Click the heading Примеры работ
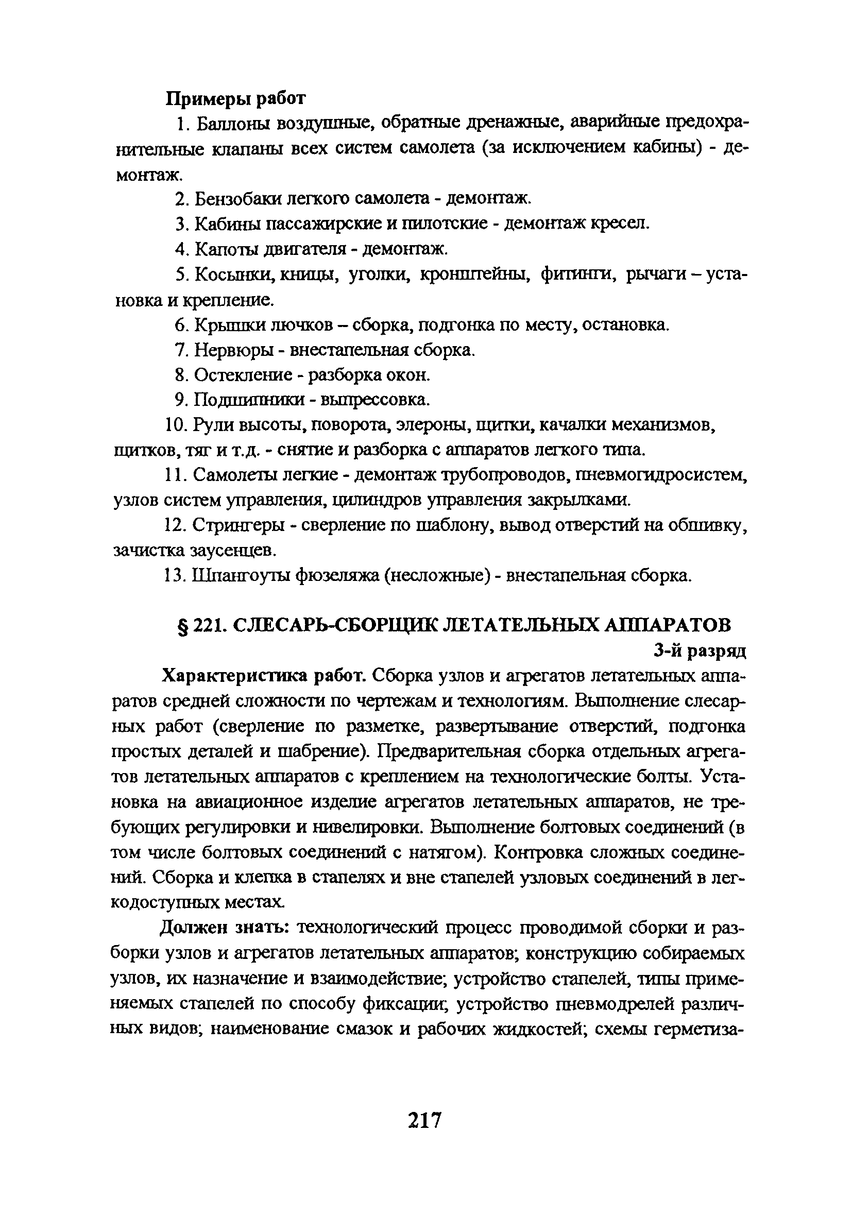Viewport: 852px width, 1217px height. [236, 98]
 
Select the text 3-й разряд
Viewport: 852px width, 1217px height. [700, 651]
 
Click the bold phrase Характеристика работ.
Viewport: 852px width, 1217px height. [264, 676]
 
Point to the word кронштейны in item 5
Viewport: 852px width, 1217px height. [475, 274]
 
